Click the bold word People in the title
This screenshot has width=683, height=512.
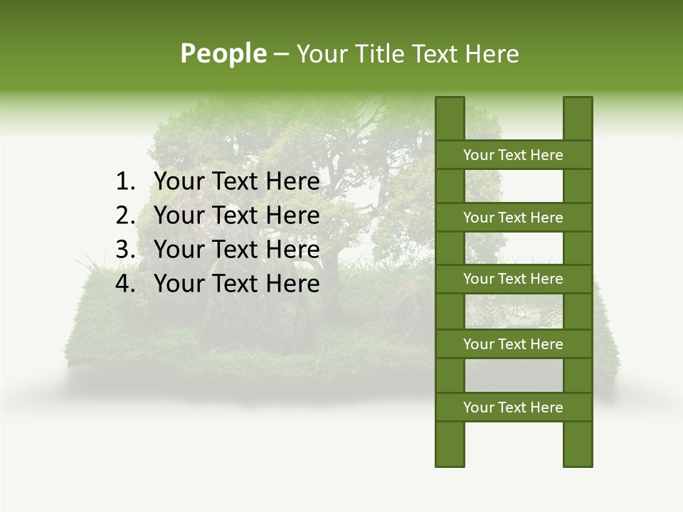click(223, 53)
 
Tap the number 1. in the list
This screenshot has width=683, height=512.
click(126, 182)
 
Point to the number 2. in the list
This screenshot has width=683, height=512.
click(126, 215)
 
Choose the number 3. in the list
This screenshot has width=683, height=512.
click(126, 250)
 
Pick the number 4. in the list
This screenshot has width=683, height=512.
click(126, 284)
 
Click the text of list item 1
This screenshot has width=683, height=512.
click(236, 182)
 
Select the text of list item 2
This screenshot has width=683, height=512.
click(236, 215)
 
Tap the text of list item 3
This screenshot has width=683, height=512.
click(236, 250)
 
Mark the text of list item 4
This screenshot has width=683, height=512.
click(236, 284)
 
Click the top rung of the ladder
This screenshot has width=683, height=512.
click(513, 155)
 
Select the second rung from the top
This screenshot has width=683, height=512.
click(513, 218)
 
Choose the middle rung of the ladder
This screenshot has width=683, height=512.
click(513, 279)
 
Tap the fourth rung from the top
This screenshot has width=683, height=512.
click(513, 344)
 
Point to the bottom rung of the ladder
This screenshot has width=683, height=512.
click(513, 407)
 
